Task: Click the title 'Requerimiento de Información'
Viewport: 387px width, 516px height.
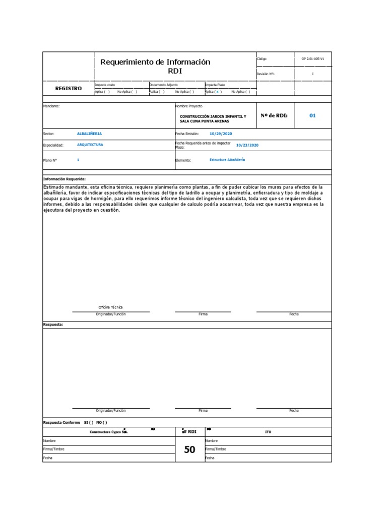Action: pyautogui.click(x=155, y=62)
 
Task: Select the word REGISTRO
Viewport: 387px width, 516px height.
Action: pyautogui.click(x=68, y=88)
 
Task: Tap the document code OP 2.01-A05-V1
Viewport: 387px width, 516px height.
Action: pyautogui.click(x=312, y=59)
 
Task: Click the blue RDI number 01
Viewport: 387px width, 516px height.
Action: pyautogui.click(x=312, y=115)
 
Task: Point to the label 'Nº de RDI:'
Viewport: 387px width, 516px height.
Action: pyautogui.click(x=274, y=115)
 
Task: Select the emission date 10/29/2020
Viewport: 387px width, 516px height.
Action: pyautogui.click(x=221, y=134)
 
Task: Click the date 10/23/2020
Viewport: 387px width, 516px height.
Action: pyautogui.click(x=247, y=145)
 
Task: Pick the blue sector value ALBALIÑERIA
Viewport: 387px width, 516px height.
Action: pyautogui.click(x=89, y=134)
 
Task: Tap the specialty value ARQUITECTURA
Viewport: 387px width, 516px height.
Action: pyautogui.click(x=90, y=145)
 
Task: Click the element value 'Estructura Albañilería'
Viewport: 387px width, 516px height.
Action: pyautogui.click(x=227, y=159)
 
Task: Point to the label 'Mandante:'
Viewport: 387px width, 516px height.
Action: pyautogui.click(x=51, y=107)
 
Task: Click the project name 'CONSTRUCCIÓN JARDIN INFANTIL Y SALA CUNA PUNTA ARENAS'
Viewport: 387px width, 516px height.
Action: pyautogui.click(x=213, y=119)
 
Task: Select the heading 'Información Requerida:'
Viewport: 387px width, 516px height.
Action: pyautogui.click(x=64, y=179)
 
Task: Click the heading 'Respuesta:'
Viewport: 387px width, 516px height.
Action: pyautogui.click(x=53, y=325)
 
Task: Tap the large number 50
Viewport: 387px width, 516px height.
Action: pyautogui.click(x=189, y=450)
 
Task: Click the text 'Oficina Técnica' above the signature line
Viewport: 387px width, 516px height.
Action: pyautogui.click(x=110, y=307)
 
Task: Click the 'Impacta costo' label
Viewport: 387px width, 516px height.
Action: pyautogui.click(x=105, y=85)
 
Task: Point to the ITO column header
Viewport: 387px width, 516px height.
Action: pyautogui.click(x=268, y=432)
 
